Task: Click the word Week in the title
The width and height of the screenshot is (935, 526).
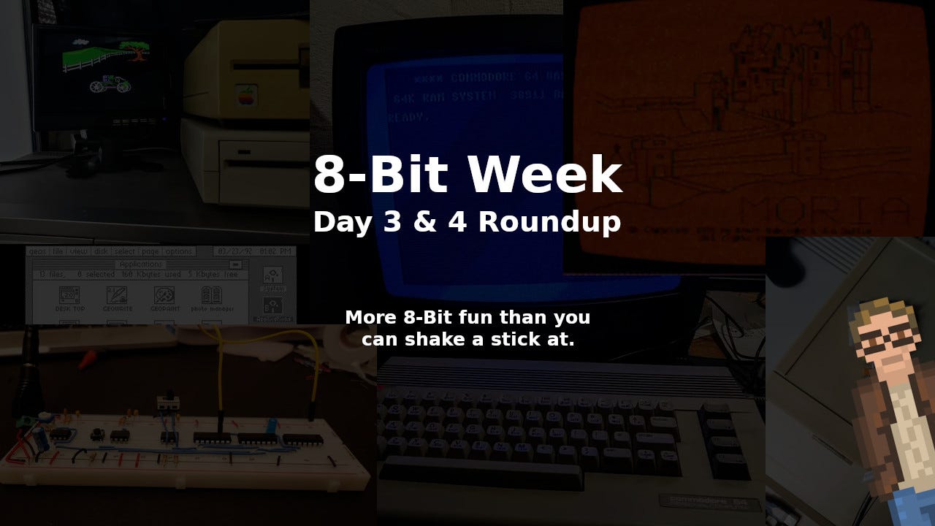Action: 544,175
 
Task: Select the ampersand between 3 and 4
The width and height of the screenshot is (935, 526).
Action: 424,221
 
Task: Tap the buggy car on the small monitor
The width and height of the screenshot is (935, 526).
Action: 110,85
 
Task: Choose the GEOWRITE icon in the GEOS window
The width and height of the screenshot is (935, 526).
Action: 118,298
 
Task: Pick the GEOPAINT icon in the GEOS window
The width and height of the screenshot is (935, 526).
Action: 164,298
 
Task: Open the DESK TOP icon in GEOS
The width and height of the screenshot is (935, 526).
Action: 70,298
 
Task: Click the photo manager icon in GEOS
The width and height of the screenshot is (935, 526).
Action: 211,298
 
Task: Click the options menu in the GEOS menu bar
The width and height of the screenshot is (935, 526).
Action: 178,251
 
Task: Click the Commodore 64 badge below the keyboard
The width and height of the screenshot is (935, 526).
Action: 709,502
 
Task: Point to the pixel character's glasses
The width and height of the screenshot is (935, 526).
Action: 885,342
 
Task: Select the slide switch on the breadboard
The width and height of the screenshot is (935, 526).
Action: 167,400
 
